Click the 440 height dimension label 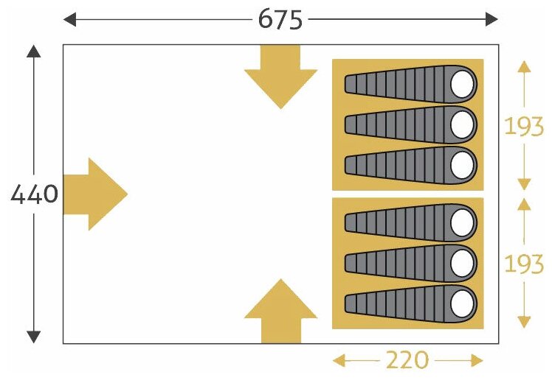coord(34,194)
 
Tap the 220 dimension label coord(407,360)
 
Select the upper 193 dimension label coord(524,126)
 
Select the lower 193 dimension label coord(524,263)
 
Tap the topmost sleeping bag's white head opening coord(463,84)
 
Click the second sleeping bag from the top coord(410,124)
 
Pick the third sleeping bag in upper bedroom coord(410,165)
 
